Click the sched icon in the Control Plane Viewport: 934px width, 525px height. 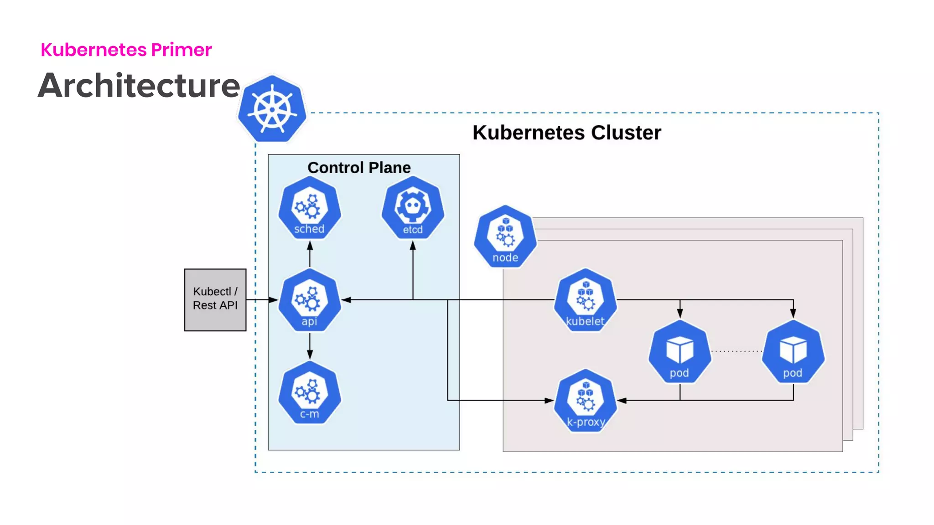(x=310, y=209)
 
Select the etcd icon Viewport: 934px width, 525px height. (x=413, y=209)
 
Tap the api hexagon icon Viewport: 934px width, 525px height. (x=310, y=301)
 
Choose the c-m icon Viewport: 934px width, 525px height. (x=310, y=393)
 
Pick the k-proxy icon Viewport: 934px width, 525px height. (x=586, y=401)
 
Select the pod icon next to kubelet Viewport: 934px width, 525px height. (x=680, y=352)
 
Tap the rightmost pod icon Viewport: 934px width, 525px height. (x=793, y=352)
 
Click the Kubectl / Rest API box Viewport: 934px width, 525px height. (x=215, y=299)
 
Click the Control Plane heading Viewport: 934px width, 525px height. (x=359, y=168)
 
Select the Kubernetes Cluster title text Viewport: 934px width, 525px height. (x=566, y=133)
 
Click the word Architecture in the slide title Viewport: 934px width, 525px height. (x=139, y=86)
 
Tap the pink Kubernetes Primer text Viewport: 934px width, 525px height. (x=126, y=50)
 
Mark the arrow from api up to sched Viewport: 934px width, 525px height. (x=310, y=254)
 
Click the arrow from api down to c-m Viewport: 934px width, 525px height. (x=310, y=346)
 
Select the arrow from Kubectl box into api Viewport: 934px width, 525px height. (x=262, y=300)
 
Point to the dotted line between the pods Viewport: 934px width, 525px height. (x=737, y=351)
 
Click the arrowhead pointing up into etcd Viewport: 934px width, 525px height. (x=413, y=247)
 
